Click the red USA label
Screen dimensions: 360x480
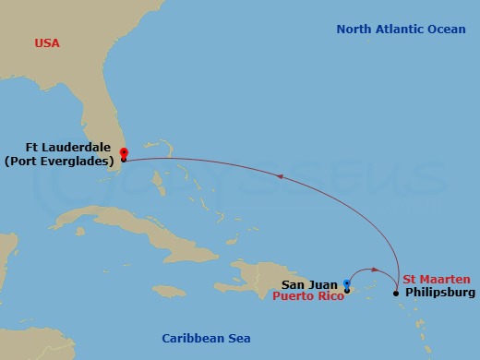(46, 43)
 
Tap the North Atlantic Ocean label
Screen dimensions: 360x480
(401, 30)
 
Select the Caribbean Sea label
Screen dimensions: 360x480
(206, 338)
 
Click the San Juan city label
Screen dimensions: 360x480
(309, 285)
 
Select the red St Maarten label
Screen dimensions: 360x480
(437, 279)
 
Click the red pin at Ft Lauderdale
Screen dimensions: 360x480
(124, 153)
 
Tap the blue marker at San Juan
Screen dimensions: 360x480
(346, 284)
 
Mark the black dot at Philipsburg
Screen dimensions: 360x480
(396, 294)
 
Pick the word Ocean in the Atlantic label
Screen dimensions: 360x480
(445, 30)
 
